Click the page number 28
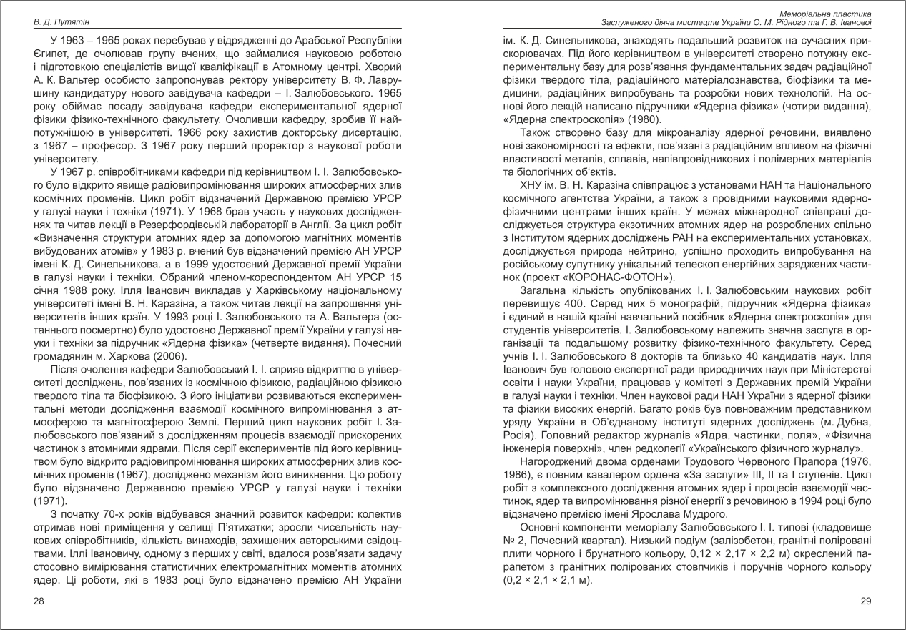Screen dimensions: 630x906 [x=39, y=601]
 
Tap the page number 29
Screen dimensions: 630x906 [x=866, y=601]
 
